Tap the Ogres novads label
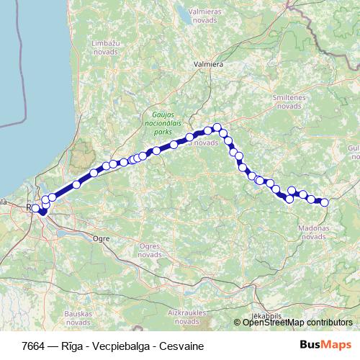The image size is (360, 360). [x=148, y=250]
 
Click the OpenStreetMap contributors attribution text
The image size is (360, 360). [x=297, y=323]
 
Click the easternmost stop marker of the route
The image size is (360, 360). [x=324, y=202]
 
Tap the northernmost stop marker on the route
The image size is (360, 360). [x=217, y=127]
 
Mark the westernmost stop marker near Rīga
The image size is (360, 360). [x=35, y=208]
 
